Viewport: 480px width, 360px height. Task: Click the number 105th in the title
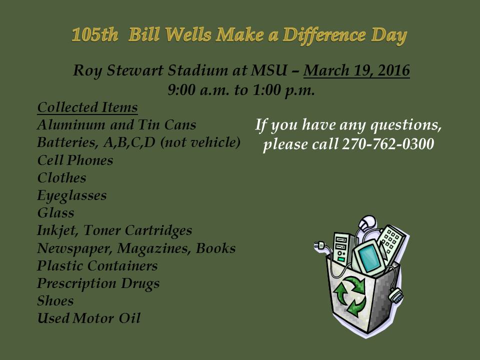tap(95, 34)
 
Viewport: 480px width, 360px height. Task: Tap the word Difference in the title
tap(324, 35)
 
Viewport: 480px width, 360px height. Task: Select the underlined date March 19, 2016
tap(356, 70)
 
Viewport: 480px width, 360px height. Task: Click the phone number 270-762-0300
tap(388, 144)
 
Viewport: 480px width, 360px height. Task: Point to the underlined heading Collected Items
tap(87, 107)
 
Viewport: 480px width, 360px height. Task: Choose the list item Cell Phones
tap(75, 160)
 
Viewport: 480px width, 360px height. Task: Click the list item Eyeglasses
tap(71, 196)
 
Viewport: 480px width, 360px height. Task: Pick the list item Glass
tap(55, 213)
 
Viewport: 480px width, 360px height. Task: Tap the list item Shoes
tap(55, 301)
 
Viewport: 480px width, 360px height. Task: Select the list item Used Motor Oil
tap(89, 318)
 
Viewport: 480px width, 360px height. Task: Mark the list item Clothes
tap(61, 178)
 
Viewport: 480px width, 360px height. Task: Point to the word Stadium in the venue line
tap(197, 70)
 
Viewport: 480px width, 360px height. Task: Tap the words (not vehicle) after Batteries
tap(200, 142)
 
